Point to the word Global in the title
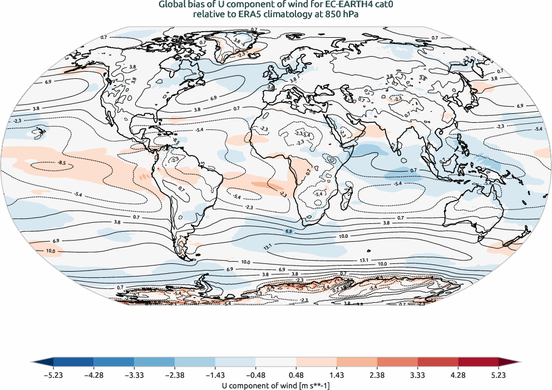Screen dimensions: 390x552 pos(171,5)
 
